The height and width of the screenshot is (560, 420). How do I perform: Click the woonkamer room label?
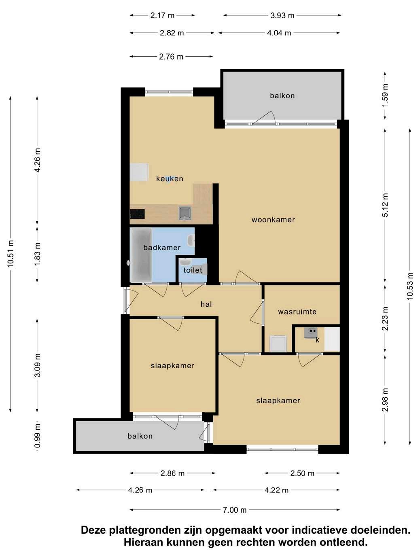273,220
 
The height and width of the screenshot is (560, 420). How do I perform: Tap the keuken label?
170,178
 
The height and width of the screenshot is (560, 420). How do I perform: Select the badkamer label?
162,248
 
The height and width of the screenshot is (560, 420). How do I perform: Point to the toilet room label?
193,270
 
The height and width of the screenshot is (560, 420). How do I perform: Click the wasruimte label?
297,312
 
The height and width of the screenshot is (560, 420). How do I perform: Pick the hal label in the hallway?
206,304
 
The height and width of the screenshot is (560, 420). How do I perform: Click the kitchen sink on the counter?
185,213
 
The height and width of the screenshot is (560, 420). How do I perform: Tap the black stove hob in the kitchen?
137,214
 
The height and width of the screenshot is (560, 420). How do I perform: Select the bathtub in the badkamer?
141,255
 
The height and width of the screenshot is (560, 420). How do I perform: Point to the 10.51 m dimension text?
10,254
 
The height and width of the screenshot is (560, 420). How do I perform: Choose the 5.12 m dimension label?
385,205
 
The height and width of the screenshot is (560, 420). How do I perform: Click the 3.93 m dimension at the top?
282,15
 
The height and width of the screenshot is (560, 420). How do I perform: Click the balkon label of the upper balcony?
282,95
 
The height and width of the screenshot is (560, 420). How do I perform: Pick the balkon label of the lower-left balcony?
140,436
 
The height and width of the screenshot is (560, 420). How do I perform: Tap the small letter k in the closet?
317,340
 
